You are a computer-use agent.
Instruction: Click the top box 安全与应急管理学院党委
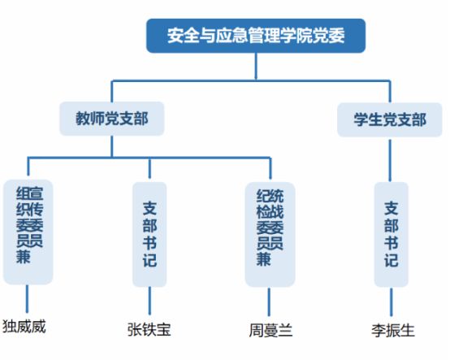pyautogui.click(x=256, y=36)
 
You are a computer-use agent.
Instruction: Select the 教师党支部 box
pyautogui.click(x=112, y=119)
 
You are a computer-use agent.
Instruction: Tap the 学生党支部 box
pyautogui.click(x=390, y=119)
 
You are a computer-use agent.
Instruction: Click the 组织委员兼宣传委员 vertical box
pyautogui.click(x=28, y=232)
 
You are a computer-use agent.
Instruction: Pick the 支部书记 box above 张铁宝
pyautogui.click(x=149, y=234)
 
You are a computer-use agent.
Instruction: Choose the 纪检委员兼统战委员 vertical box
pyautogui.click(x=270, y=234)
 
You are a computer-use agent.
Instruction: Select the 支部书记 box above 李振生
pyautogui.click(x=392, y=234)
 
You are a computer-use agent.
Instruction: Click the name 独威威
pyautogui.click(x=24, y=327)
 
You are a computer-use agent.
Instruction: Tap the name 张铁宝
pyautogui.click(x=149, y=329)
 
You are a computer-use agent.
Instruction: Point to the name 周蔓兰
pyautogui.click(x=270, y=330)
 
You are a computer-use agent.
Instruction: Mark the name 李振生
pyautogui.click(x=393, y=331)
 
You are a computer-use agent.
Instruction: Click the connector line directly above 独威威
pyautogui.click(x=28, y=298)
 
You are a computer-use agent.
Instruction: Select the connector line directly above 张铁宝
pyautogui.click(x=149, y=301)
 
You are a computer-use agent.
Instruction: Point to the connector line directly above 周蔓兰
pyautogui.click(x=269, y=301)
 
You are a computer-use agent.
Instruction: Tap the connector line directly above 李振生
pyautogui.click(x=392, y=301)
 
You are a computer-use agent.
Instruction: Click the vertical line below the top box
pyautogui.click(x=256, y=67)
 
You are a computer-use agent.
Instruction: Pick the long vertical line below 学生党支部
pyautogui.click(x=390, y=160)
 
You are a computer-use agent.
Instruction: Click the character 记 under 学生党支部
pyautogui.click(x=392, y=260)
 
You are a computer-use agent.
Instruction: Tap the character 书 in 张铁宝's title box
pyautogui.click(x=149, y=243)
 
